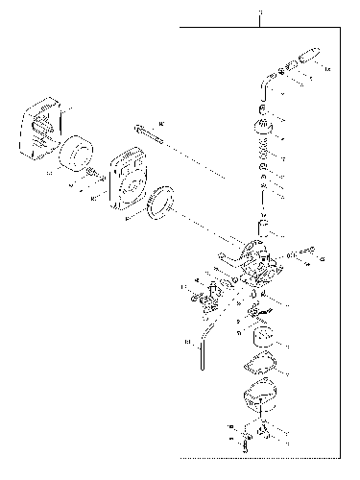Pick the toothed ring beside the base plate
[159, 203]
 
